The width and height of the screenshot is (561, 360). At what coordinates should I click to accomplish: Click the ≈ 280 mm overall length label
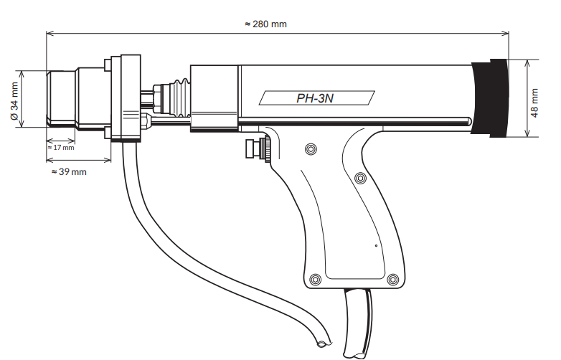coord(266,24)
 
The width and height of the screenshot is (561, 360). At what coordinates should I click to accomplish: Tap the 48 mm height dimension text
coord(534,103)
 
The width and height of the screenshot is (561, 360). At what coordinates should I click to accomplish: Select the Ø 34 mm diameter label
coord(14,101)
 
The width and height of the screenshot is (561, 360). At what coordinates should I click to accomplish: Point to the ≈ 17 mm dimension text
coord(61,147)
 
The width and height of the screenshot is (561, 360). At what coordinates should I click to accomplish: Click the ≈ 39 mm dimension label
coord(69,172)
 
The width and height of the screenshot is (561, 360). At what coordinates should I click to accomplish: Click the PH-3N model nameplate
coord(316,98)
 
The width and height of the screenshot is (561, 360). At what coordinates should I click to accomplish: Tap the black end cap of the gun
coord(490,98)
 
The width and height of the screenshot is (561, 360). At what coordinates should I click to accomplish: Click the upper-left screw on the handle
coord(311,149)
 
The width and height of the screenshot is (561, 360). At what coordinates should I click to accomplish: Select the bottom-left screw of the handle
coord(315,279)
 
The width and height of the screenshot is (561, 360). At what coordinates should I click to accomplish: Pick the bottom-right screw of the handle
coord(393,279)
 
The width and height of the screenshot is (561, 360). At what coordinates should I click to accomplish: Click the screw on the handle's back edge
coord(360,178)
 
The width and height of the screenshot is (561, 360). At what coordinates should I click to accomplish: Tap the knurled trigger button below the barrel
coord(258,148)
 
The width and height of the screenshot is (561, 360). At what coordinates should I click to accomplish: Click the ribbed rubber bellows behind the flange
coord(180,98)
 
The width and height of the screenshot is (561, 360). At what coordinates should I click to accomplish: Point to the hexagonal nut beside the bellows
coord(157,97)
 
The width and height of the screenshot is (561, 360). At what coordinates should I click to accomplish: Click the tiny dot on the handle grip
coord(376,245)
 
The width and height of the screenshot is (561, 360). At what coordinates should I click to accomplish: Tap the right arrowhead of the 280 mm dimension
coord(505,33)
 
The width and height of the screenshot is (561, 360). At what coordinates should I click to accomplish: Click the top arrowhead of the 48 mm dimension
coord(527,63)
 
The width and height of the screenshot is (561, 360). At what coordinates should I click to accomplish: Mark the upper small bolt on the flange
coord(108,65)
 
